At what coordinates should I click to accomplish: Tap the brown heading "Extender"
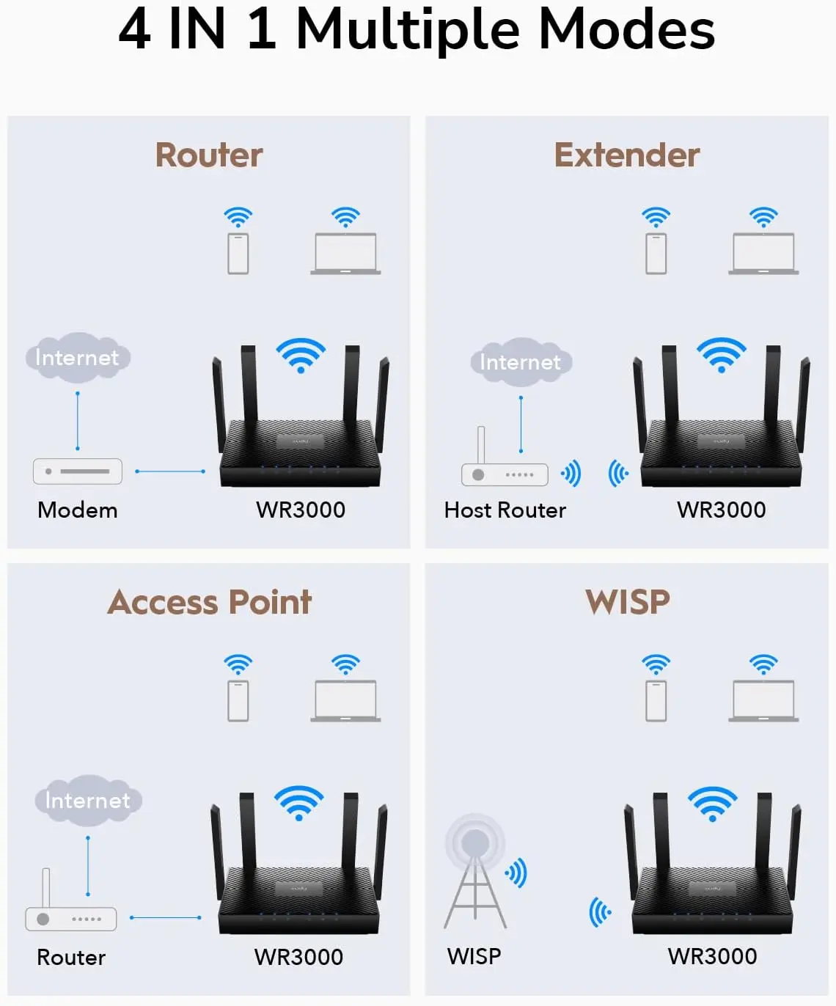[626, 155]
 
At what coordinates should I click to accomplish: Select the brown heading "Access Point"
[209, 602]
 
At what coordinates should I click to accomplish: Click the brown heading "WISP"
[627, 602]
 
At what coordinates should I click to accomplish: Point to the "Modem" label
[77, 510]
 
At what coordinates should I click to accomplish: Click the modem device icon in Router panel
[78, 471]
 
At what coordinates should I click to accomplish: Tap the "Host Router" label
[505, 510]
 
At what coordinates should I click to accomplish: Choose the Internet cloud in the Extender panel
[520, 362]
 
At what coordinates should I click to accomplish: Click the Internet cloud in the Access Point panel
[88, 800]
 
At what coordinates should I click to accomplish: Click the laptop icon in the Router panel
[345, 254]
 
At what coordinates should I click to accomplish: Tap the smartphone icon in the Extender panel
[656, 254]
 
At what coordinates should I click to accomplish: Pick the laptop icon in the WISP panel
[763, 701]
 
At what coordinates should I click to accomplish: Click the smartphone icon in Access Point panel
[238, 701]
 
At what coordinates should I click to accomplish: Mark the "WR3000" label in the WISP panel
[712, 957]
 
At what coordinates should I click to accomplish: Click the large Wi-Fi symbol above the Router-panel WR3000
[301, 355]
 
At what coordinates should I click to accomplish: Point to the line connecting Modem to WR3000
[170, 471]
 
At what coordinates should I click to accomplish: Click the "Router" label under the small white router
[71, 958]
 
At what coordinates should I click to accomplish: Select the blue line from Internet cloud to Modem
[78, 421]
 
